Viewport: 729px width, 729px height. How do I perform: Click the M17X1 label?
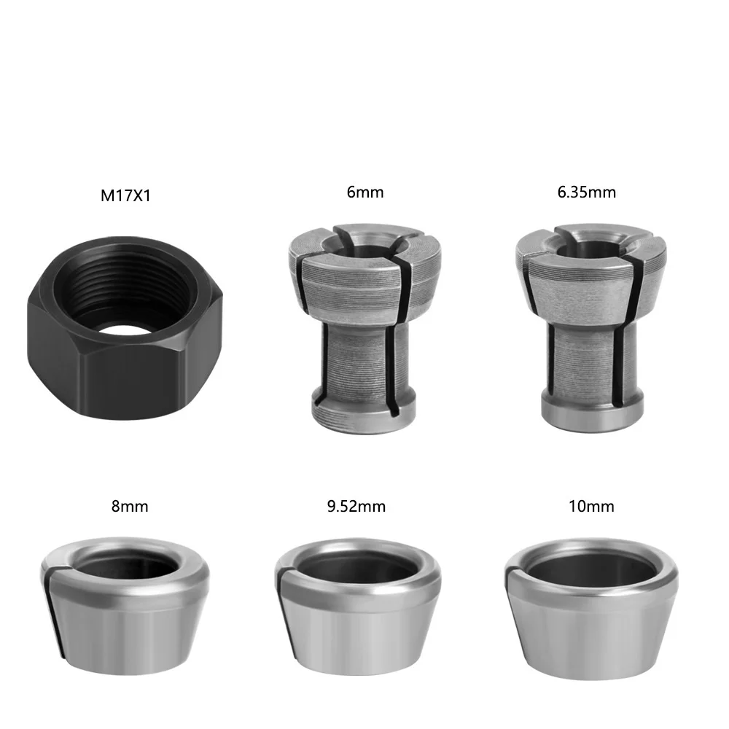(126, 196)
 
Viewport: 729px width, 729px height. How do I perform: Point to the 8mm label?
(130, 505)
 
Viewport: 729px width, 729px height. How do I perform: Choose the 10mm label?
(591, 505)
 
